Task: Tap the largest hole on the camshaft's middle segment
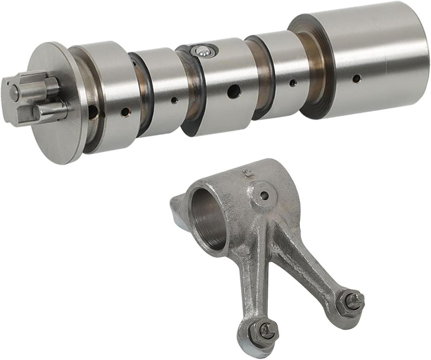(x=234, y=92)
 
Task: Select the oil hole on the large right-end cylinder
(x=356, y=78)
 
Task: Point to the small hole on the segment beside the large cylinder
(x=293, y=83)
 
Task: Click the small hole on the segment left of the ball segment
(x=174, y=100)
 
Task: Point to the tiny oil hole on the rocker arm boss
(x=264, y=195)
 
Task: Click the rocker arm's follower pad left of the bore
(x=178, y=211)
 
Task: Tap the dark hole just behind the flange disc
(x=93, y=112)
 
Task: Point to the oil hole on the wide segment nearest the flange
(x=125, y=112)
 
